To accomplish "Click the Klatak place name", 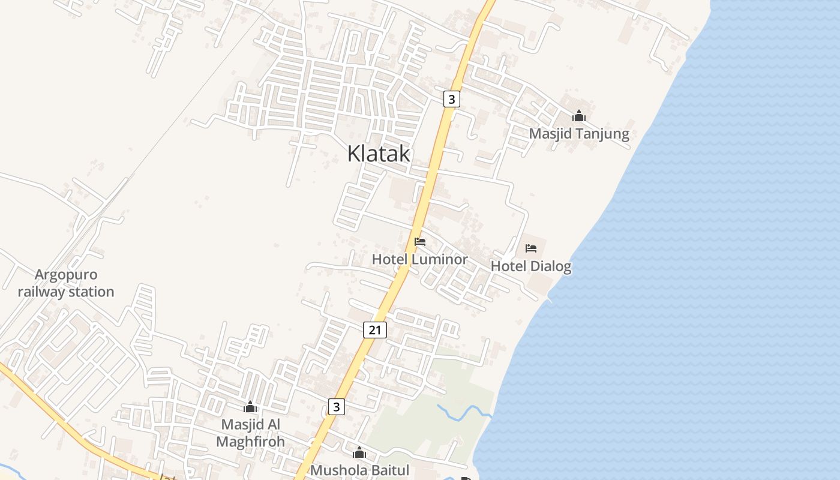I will [379, 154].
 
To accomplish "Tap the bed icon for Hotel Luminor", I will [420, 242].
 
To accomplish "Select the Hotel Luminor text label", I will [419, 259].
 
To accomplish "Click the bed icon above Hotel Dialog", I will [531, 248].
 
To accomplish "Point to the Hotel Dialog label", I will [531, 265].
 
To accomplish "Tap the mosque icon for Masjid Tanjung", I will [579, 116].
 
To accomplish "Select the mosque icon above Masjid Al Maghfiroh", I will [250, 407].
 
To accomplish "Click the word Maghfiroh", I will [250, 442].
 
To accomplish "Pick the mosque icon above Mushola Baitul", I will [359, 452].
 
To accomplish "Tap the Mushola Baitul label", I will [359, 470].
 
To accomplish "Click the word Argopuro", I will [66, 275].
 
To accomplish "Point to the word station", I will [90, 292].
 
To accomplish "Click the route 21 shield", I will [375, 329].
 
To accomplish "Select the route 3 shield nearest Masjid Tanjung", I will [452, 98].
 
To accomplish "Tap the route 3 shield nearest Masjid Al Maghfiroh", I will [337, 407].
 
